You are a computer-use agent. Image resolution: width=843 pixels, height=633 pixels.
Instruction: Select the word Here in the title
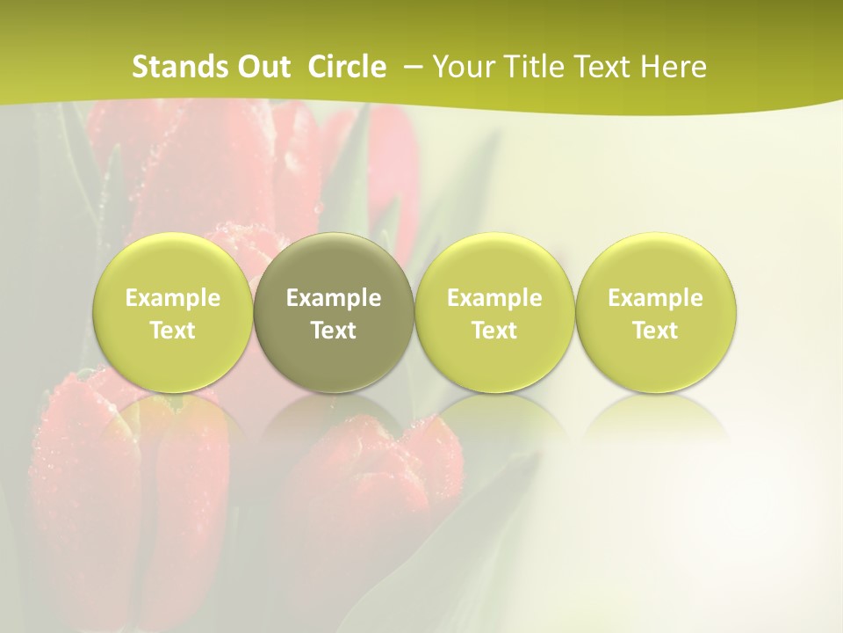tap(674, 67)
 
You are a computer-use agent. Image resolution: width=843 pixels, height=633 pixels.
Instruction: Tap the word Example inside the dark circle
tap(334, 298)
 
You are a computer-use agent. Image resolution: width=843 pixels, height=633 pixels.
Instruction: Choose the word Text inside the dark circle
tap(334, 331)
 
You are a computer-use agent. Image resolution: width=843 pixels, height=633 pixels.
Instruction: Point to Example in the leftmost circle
tap(172, 298)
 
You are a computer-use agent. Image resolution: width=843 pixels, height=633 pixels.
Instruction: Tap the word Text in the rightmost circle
tap(656, 331)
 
